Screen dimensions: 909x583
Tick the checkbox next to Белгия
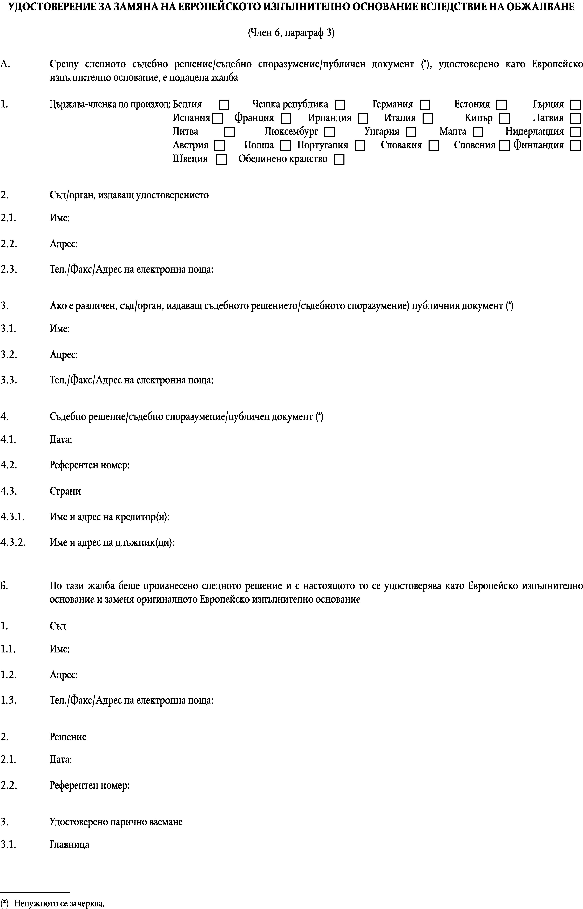point(224,105)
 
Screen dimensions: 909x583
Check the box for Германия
point(425,105)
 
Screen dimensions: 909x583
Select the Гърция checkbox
point(575,105)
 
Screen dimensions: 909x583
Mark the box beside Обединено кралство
point(339,159)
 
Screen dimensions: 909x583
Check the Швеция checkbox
point(221,159)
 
